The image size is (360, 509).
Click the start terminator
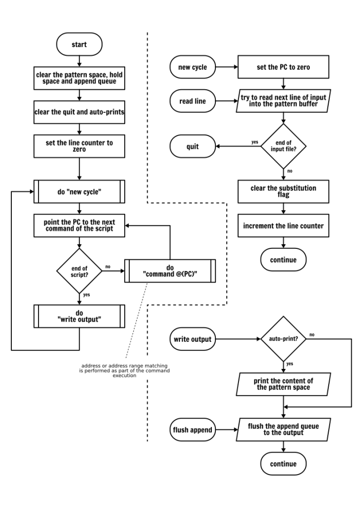79,45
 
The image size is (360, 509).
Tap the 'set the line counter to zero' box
79,146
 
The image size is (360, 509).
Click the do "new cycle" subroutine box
79,191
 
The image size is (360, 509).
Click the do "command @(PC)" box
170,271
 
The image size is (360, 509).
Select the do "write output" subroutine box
79,316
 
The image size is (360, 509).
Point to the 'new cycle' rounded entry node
192,67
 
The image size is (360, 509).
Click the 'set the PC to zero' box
283,67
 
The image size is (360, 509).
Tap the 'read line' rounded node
192,101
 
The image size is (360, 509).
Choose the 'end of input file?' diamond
283,146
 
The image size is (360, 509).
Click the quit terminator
192,146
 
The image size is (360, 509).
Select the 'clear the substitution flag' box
283,191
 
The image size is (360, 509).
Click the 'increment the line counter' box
283,226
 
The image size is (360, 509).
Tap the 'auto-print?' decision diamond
283,339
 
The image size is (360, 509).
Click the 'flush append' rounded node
192,429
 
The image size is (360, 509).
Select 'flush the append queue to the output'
283,429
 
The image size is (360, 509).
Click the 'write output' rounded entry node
192,339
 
